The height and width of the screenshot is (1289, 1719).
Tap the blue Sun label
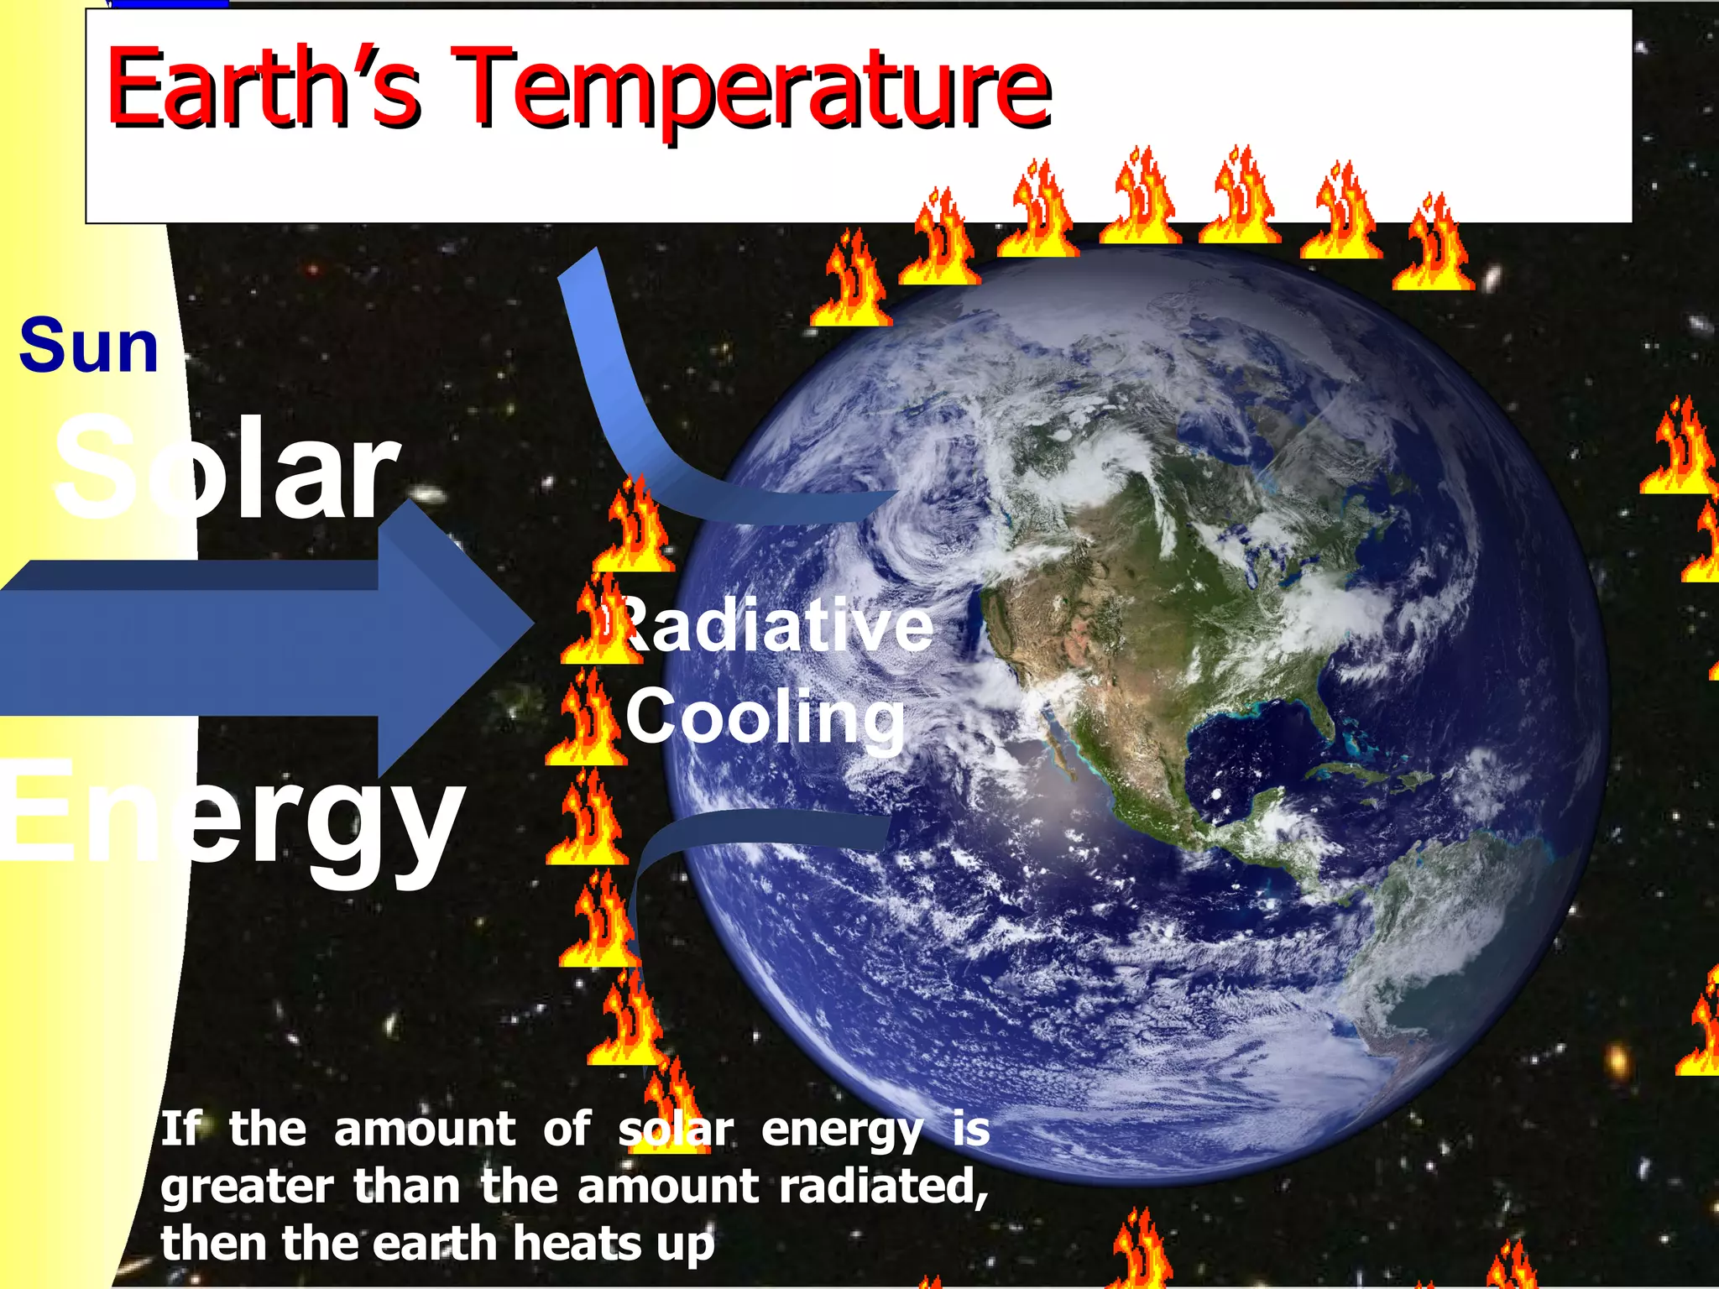(89, 346)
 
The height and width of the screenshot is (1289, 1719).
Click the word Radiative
(776, 625)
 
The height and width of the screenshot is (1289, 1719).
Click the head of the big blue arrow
(453, 638)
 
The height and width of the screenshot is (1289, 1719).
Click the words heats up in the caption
(613, 1244)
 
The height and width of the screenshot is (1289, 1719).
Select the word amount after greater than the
(668, 1187)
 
